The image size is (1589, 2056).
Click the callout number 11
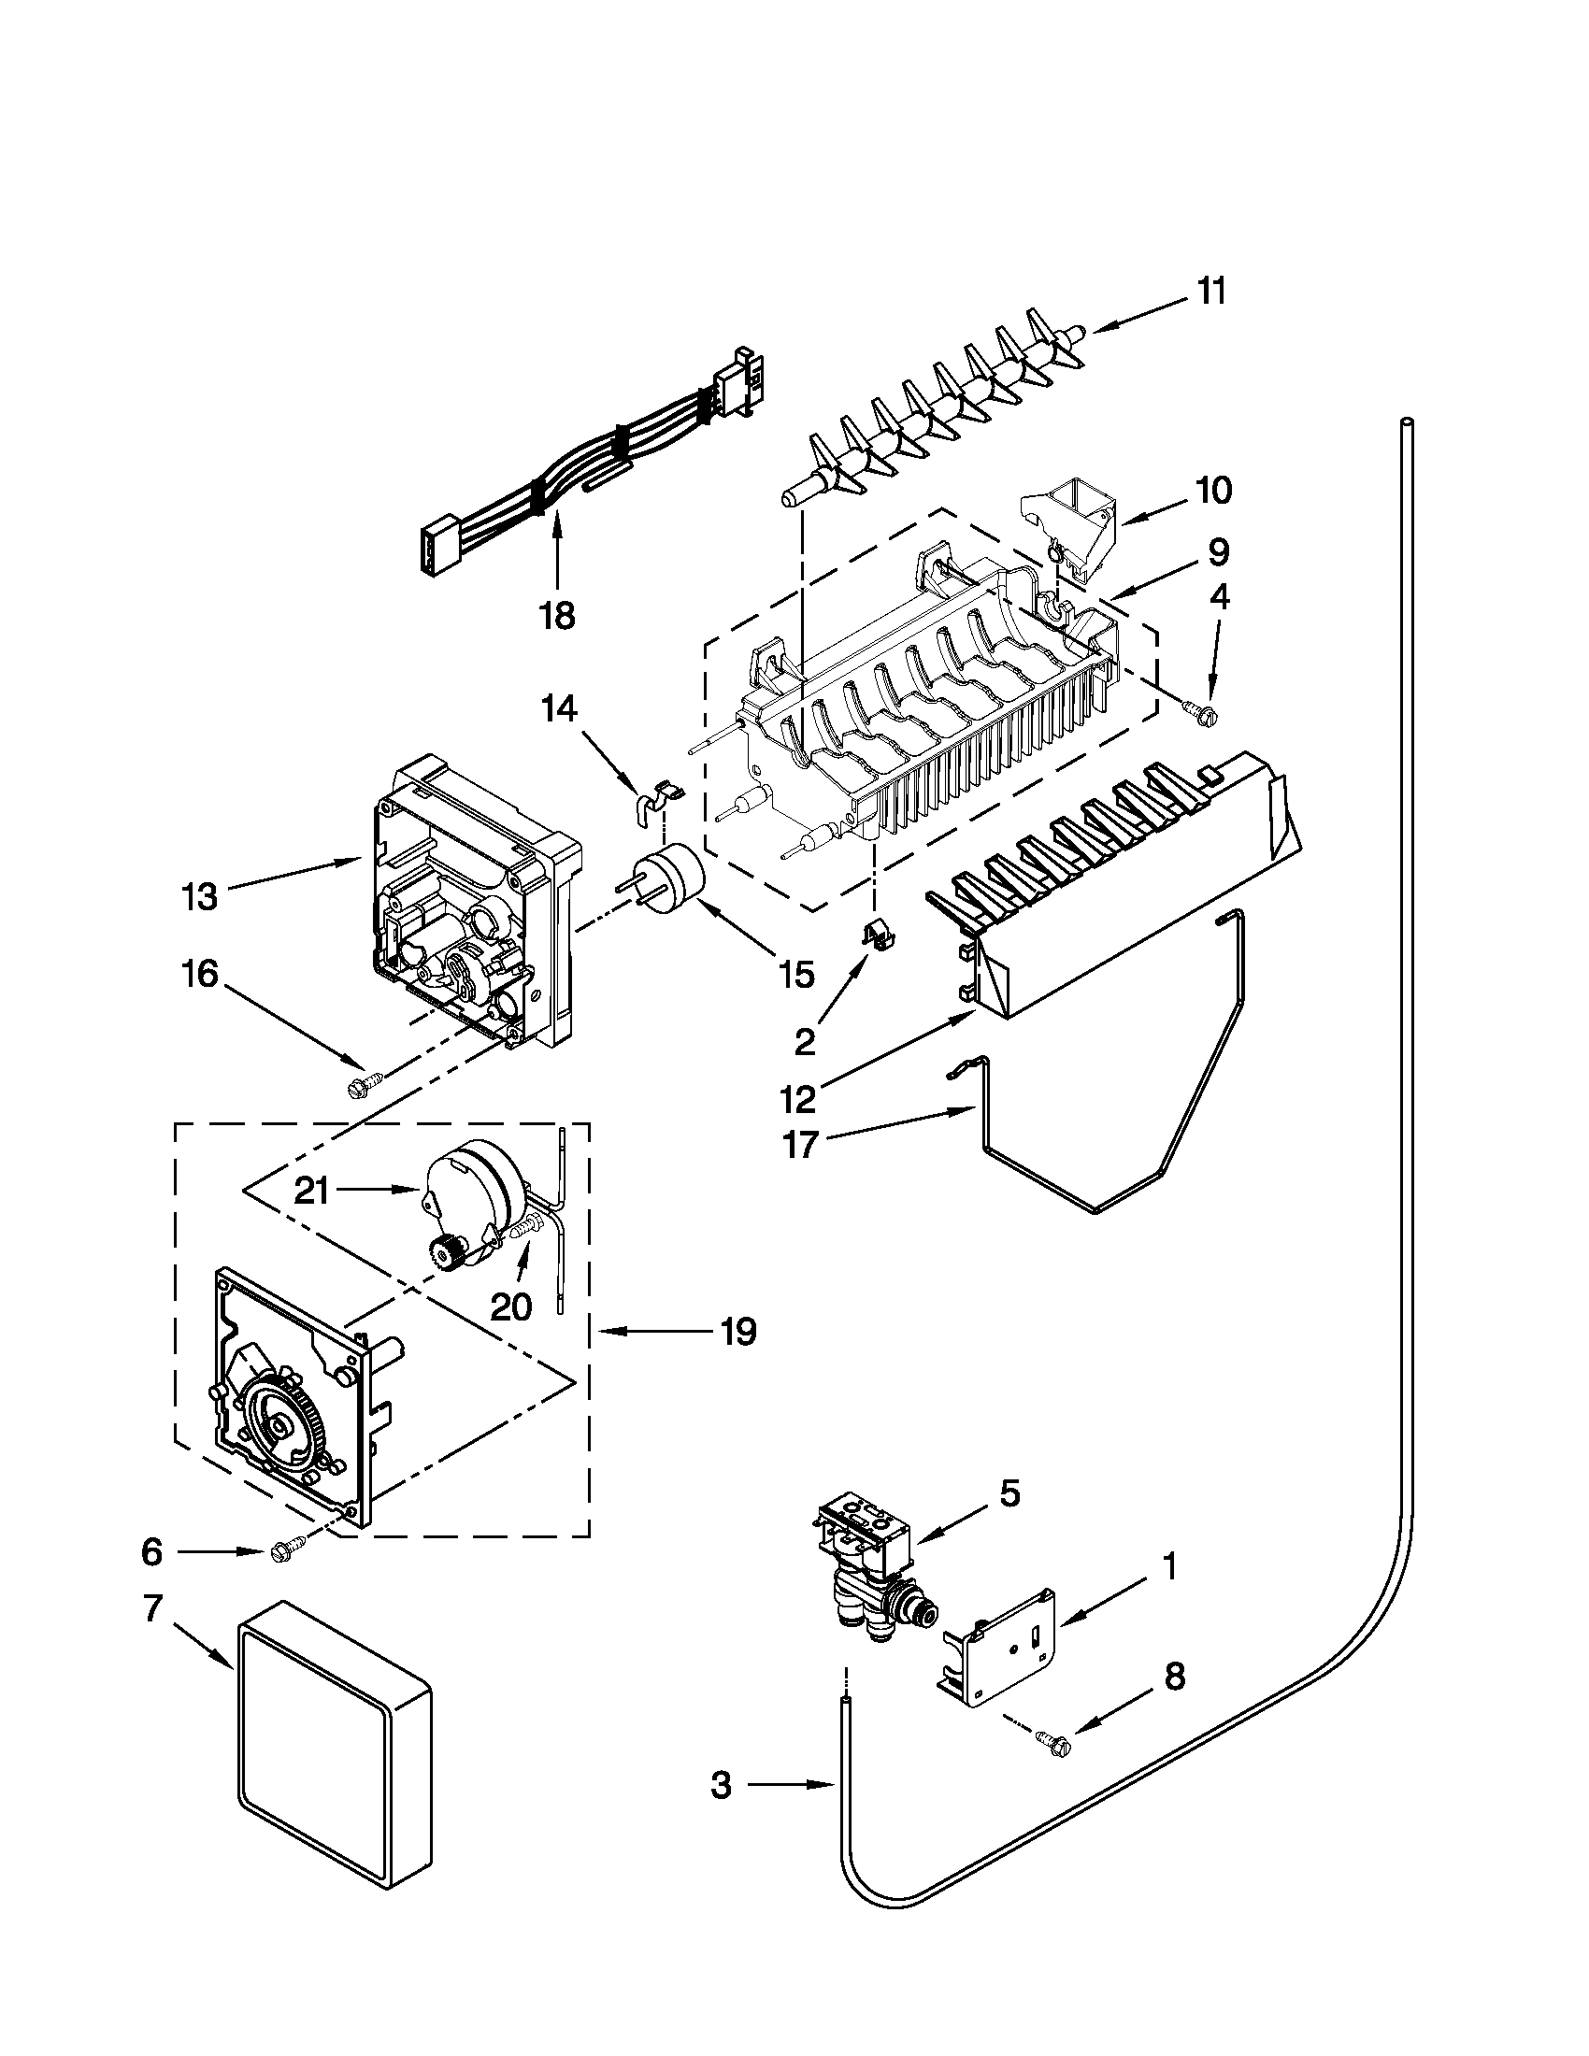click(1211, 292)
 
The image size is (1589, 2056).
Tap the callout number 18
click(557, 616)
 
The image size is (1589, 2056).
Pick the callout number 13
click(200, 896)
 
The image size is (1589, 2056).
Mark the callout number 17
click(801, 1146)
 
